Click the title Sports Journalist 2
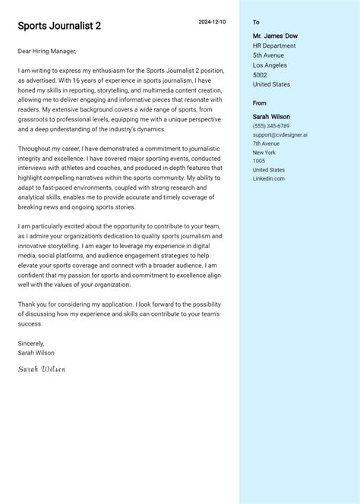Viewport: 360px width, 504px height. (59, 26)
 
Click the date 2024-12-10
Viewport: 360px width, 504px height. (212, 22)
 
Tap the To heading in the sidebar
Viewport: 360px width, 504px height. (256, 23)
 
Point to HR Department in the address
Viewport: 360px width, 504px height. (274, 46)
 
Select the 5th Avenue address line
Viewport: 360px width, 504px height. (269, 55)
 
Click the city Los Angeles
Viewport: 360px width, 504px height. (270, 65)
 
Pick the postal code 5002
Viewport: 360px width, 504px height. (260, 75)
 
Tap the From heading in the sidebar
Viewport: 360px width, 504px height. (260, 103)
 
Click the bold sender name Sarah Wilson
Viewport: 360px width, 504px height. (271, 117)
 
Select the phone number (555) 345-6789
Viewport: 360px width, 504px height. (271, 126)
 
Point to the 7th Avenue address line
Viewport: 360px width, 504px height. (266, 143)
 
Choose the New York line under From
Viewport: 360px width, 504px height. (264, 153)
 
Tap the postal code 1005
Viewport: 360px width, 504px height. (259, 161)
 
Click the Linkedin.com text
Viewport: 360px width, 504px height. (269, 178)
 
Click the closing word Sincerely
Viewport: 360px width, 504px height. (31, 343)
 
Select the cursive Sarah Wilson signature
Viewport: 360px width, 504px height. (42, 369)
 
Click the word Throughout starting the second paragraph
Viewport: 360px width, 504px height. (35, 150)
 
